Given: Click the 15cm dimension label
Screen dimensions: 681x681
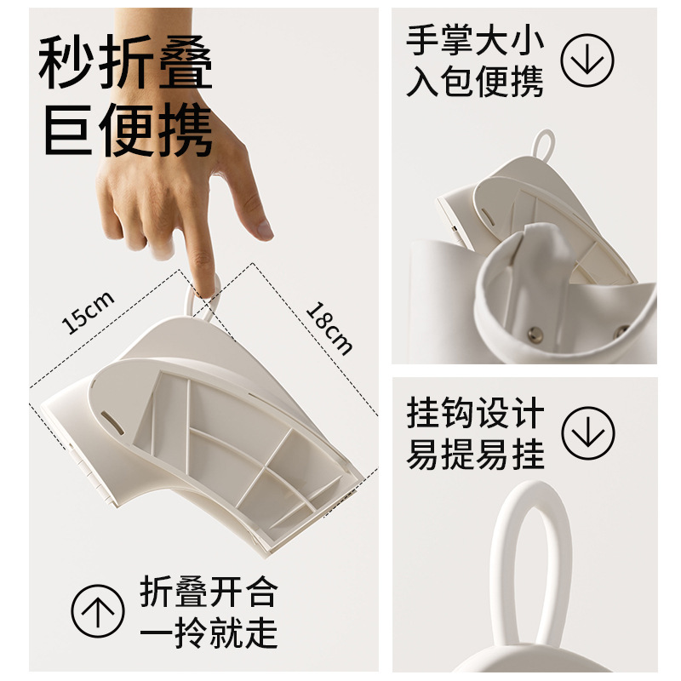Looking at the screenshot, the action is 89,312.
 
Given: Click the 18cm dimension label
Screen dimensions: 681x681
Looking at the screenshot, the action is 329,328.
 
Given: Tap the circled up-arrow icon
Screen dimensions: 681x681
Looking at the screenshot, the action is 98,610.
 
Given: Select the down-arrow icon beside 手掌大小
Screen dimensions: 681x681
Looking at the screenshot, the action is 587,60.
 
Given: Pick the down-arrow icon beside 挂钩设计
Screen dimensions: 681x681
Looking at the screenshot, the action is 587,432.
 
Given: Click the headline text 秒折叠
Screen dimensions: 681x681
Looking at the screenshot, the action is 125,62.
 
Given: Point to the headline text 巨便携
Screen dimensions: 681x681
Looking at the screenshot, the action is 128,129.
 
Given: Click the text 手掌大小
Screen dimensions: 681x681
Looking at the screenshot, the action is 475,40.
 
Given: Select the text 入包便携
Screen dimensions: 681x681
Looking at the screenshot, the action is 475,81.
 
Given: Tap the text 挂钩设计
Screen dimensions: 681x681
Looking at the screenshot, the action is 475,413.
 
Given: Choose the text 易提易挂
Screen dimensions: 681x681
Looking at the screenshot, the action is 475,454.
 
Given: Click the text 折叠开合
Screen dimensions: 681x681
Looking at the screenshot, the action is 209,591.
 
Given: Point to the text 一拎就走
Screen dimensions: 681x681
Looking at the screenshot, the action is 209,632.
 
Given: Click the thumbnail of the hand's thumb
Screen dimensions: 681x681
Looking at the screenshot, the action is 265,229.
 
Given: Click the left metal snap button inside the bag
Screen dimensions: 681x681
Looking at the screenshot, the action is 535,334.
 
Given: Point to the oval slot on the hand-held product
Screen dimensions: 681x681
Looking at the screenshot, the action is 112,422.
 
